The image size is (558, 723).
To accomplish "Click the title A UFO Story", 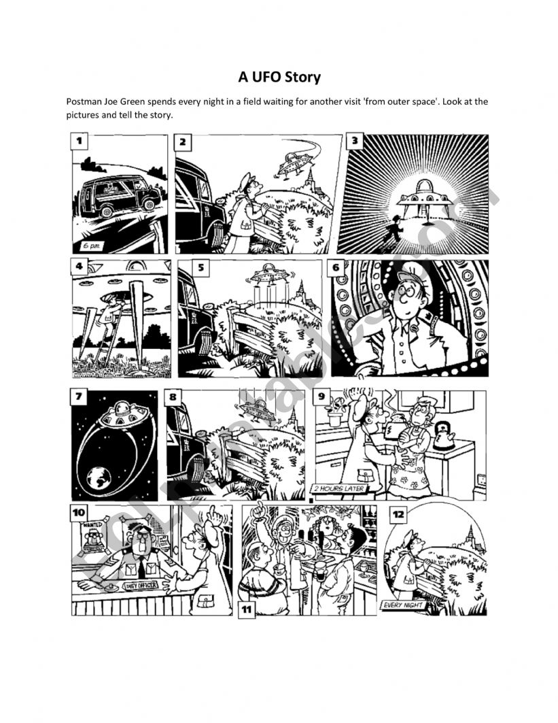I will pyautogui.click(x=279, y=77).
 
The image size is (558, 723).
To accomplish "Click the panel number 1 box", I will pyautogui.click(x=80, y=141).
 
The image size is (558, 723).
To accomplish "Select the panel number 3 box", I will pyautogui.click(x=354, y=141).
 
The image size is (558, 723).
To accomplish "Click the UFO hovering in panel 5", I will pyautogui.click(x=269, y=276).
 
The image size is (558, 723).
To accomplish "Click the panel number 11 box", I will pyautogui.click(x=246, y=610).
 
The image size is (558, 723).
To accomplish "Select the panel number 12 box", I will pyautogui.click(x=398, y=515).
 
